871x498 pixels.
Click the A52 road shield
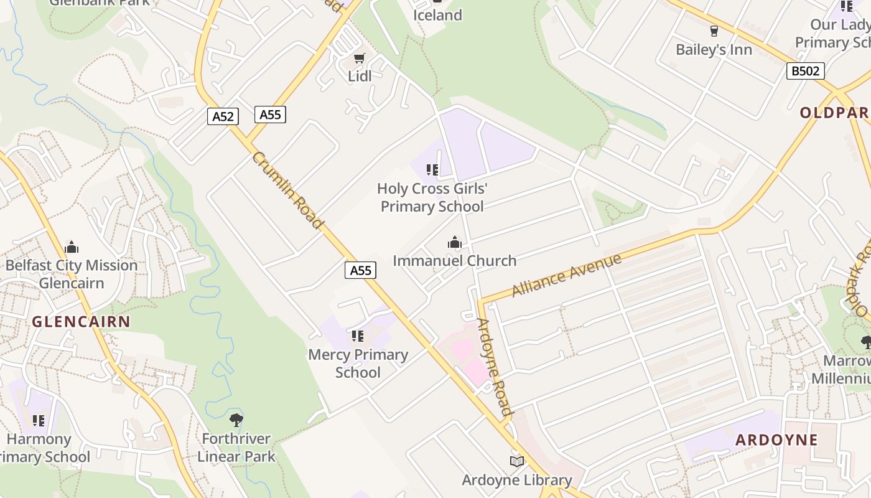click(223, 116)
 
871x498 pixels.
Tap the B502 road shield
click(806, 71)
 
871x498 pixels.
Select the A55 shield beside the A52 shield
click(270, 115)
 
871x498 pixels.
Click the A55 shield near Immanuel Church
click(360, 270)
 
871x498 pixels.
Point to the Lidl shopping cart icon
click(359, 59)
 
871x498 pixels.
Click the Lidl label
click(360, 76)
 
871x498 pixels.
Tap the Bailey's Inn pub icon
click(714, 31)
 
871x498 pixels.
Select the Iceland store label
click(438, 15)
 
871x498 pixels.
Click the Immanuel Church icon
click(455, 242)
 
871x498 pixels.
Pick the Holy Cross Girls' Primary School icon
click(432, 169)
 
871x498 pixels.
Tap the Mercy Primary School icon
click(358, 336)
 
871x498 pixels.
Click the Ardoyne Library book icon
click(517, 461)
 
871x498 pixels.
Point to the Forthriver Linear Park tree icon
click(236, 420)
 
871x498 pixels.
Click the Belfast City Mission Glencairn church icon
click(72, 247)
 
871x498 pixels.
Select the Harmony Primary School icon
click(39, 421)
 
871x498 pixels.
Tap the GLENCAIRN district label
click(81, 322)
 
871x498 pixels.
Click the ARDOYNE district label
click(776, 440)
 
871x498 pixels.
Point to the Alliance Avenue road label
click(566, 275)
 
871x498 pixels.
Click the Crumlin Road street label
click(288, 190)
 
